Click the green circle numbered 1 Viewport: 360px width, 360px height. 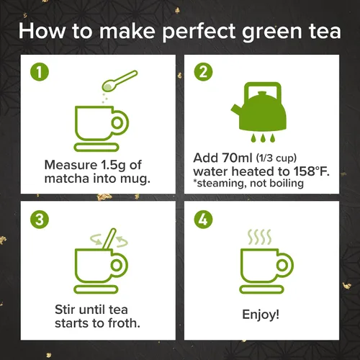click(40, 72)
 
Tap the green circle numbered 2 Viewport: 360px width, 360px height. click(203, 72)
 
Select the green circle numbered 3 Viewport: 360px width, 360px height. click(40, 220)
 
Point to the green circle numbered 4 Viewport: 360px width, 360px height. click(203, 220)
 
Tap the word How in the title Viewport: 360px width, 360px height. click(42, 31)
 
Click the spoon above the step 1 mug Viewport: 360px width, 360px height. click(120, 81)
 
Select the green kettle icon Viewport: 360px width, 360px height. click(259, 107)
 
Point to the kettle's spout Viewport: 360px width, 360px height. click(235, 111)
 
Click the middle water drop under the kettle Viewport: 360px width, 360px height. click(263, 138)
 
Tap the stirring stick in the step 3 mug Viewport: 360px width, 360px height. click(109, 238)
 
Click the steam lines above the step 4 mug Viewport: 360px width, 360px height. click(259, 237)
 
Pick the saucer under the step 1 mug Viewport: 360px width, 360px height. click(96, 147)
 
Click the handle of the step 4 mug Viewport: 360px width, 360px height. click(285, 265)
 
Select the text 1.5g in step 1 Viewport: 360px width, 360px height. click(113, 166)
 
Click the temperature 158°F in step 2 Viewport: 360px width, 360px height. click(311, 171)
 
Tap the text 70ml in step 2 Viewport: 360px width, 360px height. click(237, 158)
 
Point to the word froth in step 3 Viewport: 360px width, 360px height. click(124, 323)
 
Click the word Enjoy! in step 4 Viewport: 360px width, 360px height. click(261, 315)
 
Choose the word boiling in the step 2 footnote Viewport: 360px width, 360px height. click(287, 184)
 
